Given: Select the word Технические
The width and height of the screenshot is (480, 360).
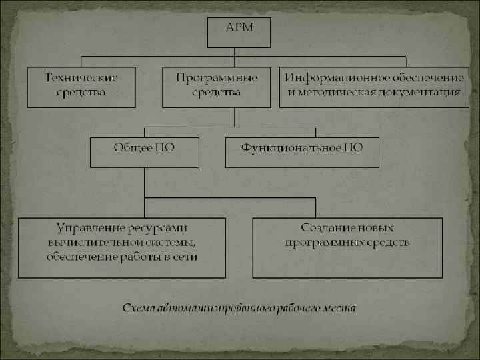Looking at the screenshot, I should (81, 77).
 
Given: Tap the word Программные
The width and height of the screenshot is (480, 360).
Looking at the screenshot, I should (217, 77).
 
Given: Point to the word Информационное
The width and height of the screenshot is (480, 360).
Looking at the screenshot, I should (329, 77).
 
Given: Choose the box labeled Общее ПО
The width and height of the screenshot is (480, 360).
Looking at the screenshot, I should (144, 152).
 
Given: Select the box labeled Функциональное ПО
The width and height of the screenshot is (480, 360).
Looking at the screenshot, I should (302, 152).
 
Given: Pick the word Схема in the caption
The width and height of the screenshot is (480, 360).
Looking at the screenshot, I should (138, 308).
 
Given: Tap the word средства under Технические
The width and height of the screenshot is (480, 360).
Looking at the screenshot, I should (81, 92).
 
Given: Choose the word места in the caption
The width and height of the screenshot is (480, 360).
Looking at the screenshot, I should (340, 308).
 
